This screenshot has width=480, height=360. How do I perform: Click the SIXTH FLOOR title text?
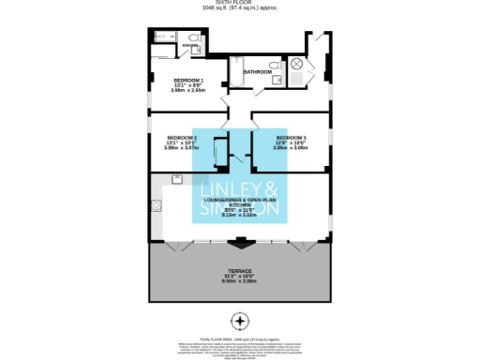pyautogui.click(x=240, y=4)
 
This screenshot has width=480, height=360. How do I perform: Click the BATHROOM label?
pyautogui.click(x=258, y=72)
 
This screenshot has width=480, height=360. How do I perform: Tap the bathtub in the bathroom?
pyautogui.click(x=236, y=72)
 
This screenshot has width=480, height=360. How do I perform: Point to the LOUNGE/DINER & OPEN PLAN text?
pyautogui.click(x=241, y=202)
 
